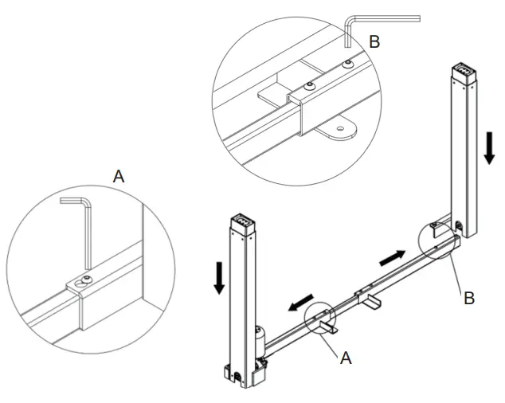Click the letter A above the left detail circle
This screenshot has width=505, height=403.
[119, 177]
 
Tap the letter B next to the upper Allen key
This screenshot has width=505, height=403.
[374, 42]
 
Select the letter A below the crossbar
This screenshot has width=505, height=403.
[346, 358]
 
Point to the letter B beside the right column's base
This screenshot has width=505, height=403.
[469, 298]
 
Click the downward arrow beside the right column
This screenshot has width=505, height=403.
[490, 148]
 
